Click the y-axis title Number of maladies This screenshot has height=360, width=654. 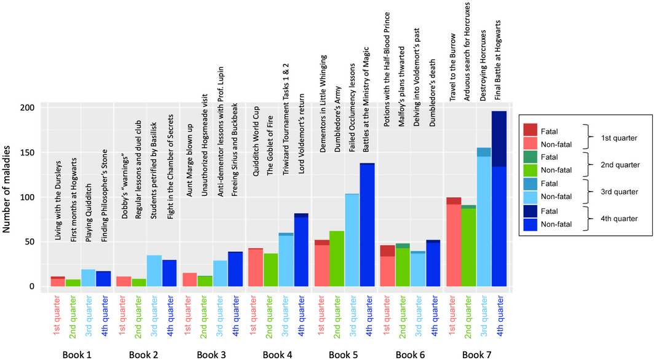[9, 197]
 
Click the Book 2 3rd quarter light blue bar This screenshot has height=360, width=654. [154, 271]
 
